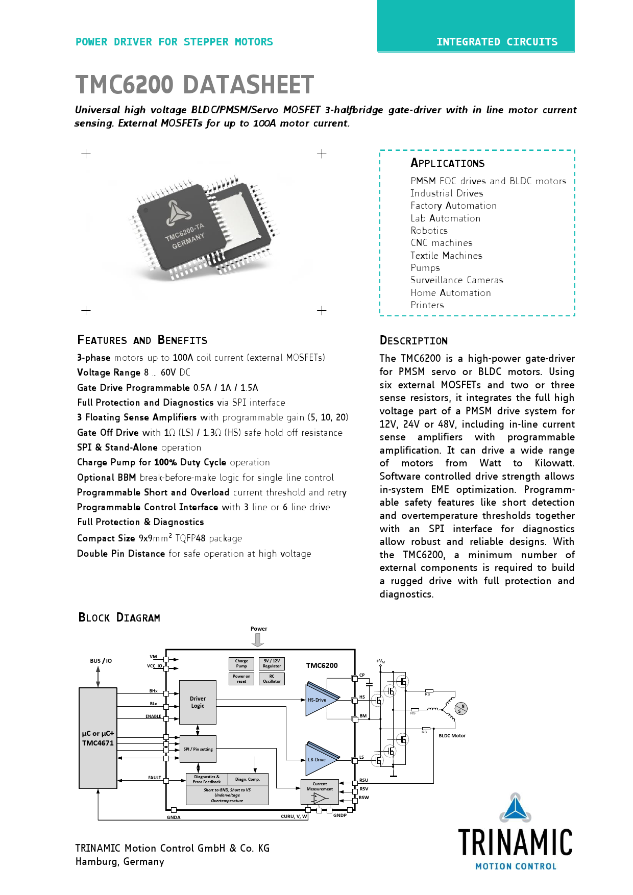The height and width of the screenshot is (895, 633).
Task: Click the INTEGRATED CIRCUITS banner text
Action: tap(497, 42)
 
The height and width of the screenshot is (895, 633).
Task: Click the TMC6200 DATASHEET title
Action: tap(194, 85)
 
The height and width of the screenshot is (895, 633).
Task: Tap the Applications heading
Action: tap(447, 163)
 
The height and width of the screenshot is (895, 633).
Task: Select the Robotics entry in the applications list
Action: tap(429, 231)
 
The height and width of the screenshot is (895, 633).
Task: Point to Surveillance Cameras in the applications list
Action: tap(456, 280)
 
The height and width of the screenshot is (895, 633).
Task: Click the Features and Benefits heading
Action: tap(142, 340)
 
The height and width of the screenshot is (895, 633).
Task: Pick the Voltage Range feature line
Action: tap(134, 372)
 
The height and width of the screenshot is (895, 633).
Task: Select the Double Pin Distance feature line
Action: tap(193, 554)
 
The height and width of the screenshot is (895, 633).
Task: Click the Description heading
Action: tap(413, 341)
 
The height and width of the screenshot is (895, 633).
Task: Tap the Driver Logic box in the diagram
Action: tap(198, 702)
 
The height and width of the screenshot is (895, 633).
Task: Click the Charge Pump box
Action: tap(241, 663)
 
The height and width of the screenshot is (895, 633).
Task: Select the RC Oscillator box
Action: tap(272, 679)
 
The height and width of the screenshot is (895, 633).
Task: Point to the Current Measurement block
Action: tap(320, 792)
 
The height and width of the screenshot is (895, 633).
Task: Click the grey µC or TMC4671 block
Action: tap(98, 738)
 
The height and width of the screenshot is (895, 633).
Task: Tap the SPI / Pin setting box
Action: tap(198, 749)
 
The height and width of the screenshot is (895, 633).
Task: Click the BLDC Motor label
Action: tap(452, 736)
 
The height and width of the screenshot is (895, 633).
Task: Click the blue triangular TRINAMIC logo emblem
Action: tap(515, 808)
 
